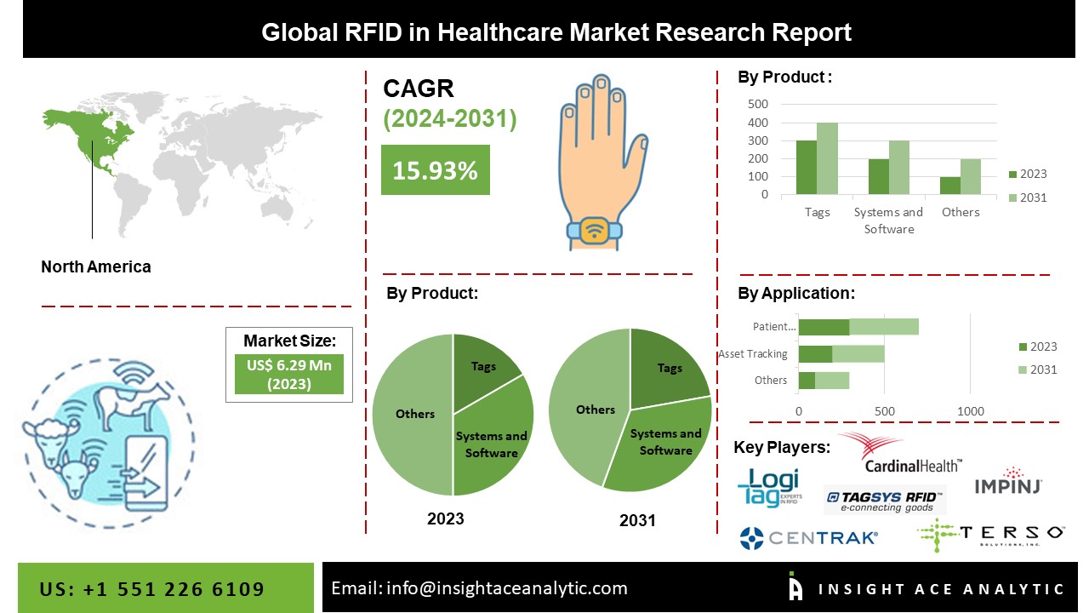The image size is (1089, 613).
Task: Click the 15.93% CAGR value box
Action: coord(435,170)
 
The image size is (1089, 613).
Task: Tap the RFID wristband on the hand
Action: coord(594,229)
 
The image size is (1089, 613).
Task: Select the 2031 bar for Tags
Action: coord(827,158)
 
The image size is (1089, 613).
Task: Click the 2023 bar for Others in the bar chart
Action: coord(949,185)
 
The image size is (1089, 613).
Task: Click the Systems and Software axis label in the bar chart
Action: coord(887,221)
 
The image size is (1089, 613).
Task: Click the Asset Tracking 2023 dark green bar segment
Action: coord(815,354)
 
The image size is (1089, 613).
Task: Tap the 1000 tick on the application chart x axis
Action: coord(971,411)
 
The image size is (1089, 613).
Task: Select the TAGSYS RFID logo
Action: coord(885,501)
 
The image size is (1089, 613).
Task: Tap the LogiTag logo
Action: coord(768,489)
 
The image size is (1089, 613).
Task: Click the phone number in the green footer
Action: coord(152,589)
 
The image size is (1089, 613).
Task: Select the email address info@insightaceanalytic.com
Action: coord(479,588)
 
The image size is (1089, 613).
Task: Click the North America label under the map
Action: coord(96,266)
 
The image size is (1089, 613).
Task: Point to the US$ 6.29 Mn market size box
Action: coord(289,374)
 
